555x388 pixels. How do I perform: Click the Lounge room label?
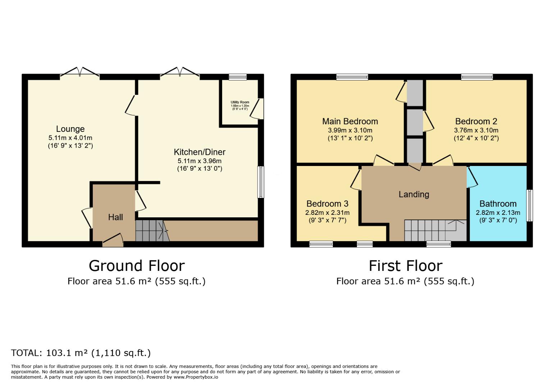coord(70,129)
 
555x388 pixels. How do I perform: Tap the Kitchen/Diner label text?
coord(199,152)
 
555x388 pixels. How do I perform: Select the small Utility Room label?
coord(240,102)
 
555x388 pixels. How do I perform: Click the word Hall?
coord(115,217)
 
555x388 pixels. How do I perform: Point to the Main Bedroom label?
coord(350,121)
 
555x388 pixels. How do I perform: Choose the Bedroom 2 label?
coord(476,121)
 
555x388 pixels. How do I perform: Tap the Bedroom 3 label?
coord(327,204)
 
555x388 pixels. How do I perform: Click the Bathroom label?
coord(497,204)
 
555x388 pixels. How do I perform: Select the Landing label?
coord(414,194)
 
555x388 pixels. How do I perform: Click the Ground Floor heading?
coord(137,266)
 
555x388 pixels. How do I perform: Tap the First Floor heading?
coord(405,266)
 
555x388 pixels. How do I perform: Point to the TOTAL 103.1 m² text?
coord(81,353)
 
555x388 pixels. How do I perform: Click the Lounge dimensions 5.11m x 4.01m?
coord(70,138)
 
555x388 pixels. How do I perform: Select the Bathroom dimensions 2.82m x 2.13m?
coord(497,213)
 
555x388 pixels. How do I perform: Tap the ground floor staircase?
coord(151,231)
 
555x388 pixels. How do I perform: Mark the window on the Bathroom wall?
coord(529,205)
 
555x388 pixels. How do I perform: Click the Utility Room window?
coord(238,77)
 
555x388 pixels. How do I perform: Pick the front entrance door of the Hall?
coord(113,241)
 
